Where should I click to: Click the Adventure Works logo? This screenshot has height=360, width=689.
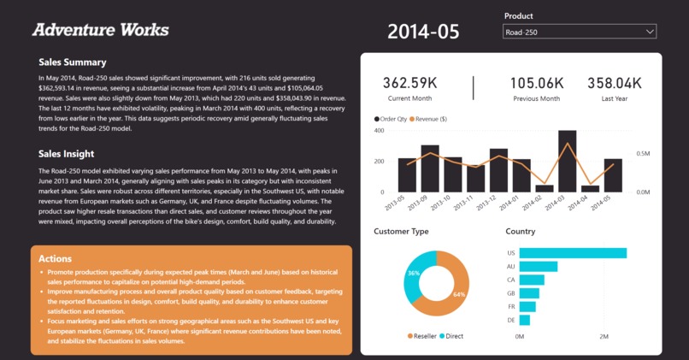pos(100,30)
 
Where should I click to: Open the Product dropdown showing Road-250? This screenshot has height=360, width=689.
pos(580,32)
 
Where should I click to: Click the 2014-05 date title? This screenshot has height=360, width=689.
pos(423,32)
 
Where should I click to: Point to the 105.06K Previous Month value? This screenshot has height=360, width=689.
pos(537,83)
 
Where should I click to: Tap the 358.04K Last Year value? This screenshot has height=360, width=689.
pos(614,83)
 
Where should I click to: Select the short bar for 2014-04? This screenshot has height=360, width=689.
pos(590,188)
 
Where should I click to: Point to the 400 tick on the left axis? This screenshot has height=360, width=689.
pos(380,131)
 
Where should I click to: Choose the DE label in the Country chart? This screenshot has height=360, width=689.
pos(510,320)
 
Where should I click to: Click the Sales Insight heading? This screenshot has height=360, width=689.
pos(66,154)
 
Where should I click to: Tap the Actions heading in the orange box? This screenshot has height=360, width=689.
pos(55,258)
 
